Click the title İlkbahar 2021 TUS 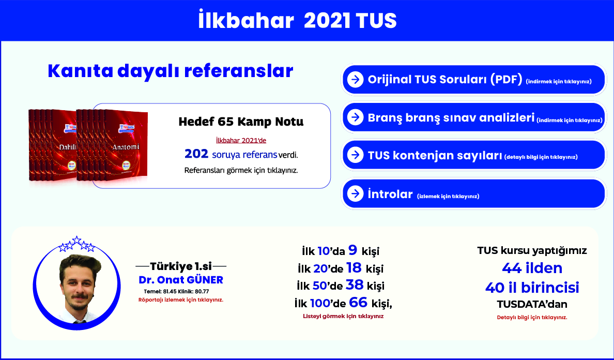coord(298,21)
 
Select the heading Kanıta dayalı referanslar coord(171,71)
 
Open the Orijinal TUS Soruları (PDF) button coord(474,80)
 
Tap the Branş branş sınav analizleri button coord(474,117)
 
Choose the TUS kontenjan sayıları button coord(474,155)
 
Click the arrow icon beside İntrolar coord(355,193)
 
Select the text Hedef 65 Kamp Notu coord(241,122)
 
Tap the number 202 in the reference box coord(196,154)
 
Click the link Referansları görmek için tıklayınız coord(241,171)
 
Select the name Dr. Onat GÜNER coord(181,280)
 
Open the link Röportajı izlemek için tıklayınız coord(181,300)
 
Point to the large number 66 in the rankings coord(358,303)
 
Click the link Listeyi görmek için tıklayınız coord(343,316)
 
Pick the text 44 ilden coord(532,268)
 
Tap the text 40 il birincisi coord(532,288)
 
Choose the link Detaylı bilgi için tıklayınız coord(532,318)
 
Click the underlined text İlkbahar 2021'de coord(241,141)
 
